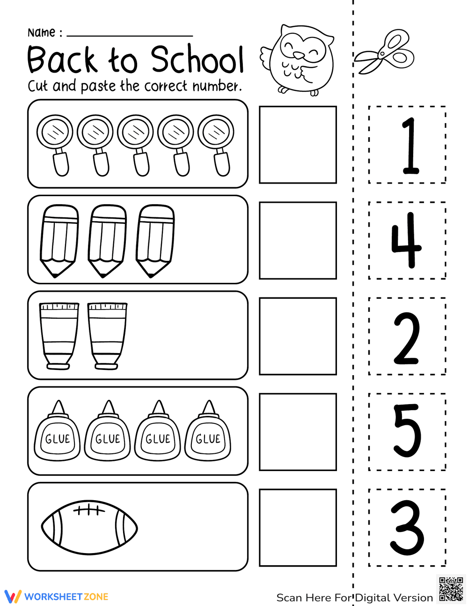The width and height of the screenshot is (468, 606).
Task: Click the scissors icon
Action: tap(384, 52)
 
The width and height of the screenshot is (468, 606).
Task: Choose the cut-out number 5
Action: tap(407, 431)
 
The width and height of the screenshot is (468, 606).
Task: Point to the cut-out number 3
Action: tap(407, 528)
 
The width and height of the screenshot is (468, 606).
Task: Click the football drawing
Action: tap(89, 525)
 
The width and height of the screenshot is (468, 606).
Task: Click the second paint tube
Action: tap(107, 335)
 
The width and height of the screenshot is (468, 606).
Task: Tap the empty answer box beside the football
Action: tap(298, 528)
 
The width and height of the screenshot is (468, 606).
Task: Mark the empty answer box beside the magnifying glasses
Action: tap(298, 145)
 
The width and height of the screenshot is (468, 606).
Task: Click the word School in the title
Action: tap(197, 60)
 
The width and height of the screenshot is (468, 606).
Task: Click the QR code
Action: tap(451, 589)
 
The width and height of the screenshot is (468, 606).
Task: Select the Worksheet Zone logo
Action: tap(56, 597)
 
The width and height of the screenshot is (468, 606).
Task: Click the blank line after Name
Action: tap(130, 35)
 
